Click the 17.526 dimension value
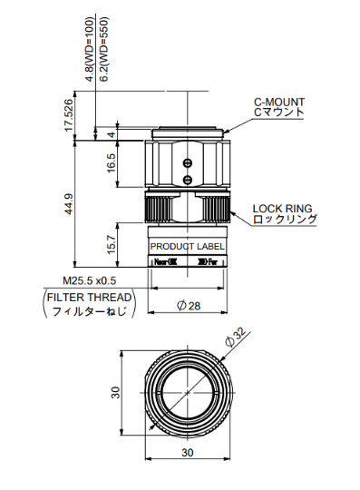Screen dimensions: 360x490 point(69,115)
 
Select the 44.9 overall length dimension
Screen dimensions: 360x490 point(69,204)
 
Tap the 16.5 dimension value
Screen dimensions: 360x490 point(112,163)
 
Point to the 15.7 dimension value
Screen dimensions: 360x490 point(112,244)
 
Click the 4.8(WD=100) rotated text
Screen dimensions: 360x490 point(90,49)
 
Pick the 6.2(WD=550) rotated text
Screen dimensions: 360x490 point(104,49)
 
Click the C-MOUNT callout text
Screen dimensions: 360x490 point(279,103)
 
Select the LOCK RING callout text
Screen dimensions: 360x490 point(283,209)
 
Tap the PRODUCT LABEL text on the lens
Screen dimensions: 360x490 point(188,247)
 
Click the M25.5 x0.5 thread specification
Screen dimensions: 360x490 point(90,280)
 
